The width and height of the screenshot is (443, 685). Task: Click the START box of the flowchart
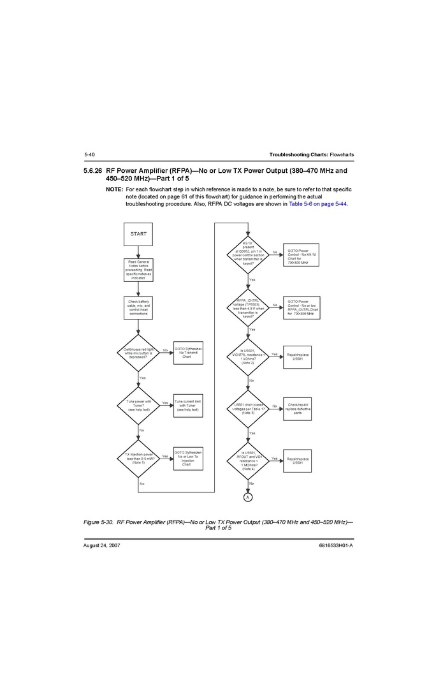pos(138,234)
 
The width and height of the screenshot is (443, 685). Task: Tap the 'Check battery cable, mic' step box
pos(138,308)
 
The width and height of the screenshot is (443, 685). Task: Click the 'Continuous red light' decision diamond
pos(138,353)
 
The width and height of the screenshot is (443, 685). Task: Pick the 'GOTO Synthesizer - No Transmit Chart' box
pos(188,353)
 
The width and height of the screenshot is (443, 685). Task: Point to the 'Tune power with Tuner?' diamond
pos(138,405)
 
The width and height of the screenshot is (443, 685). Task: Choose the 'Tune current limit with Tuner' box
pos(188,405)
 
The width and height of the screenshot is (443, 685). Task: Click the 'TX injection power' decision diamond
pos(138,458)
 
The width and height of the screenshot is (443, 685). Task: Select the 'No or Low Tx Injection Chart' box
pos(188,458)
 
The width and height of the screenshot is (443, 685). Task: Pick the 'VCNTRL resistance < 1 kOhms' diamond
pos(248,357)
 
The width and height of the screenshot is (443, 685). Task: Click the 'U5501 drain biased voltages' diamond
pos(248,408)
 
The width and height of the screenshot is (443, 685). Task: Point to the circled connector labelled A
pos(248,496)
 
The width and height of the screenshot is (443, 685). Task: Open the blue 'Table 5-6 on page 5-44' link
pos(319,203)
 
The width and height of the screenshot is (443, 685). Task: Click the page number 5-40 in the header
pos(89,155)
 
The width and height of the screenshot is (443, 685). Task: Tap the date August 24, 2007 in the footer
pos(102,546)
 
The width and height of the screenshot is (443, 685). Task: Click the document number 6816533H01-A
pos(335,546)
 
